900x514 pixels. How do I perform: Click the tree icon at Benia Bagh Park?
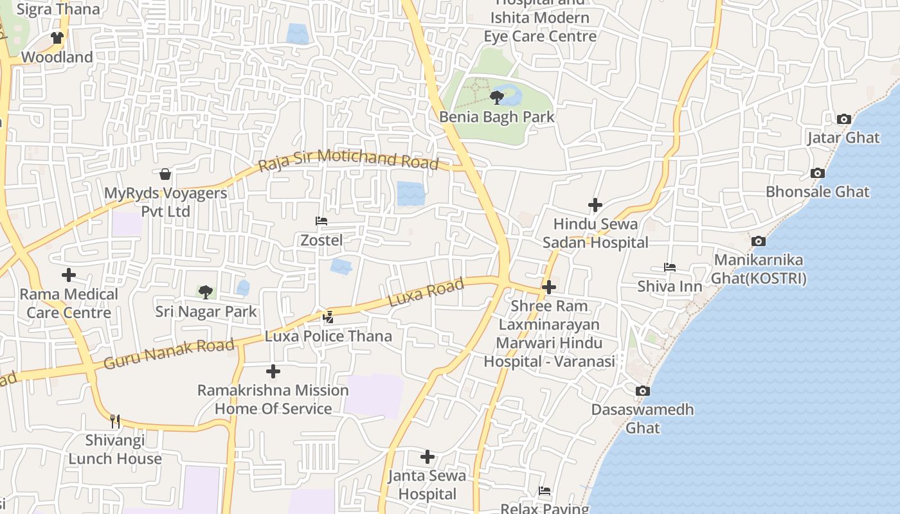coord(496,98)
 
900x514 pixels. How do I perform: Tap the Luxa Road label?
coord(426,293)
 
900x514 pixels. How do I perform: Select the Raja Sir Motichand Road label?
coord(348,160)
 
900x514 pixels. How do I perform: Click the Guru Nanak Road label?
coord(169,355)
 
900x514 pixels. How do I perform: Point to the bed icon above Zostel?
coord(321,221)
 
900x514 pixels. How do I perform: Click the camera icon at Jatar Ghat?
coord(844,119)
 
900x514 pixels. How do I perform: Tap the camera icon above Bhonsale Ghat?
coord(818,173)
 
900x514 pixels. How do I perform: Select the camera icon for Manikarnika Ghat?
coord(759,242)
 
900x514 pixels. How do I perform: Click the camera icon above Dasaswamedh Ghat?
coord(642,391)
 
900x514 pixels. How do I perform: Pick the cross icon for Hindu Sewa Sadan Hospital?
coord(595,205)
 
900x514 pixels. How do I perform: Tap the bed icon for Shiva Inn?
coord(670,267)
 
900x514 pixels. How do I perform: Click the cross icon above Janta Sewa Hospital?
coord(428,457)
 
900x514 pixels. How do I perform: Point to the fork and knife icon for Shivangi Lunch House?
coord(115,421)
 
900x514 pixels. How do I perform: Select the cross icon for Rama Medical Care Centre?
coord(69,275)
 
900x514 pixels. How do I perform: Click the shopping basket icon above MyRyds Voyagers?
coord(165,174)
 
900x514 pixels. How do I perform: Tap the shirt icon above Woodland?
coord(57,38)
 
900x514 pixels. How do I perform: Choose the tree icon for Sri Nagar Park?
coord(205,292)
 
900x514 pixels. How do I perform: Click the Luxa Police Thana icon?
coord(328,317)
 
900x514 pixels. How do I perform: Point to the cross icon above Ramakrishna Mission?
coord(273,371)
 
